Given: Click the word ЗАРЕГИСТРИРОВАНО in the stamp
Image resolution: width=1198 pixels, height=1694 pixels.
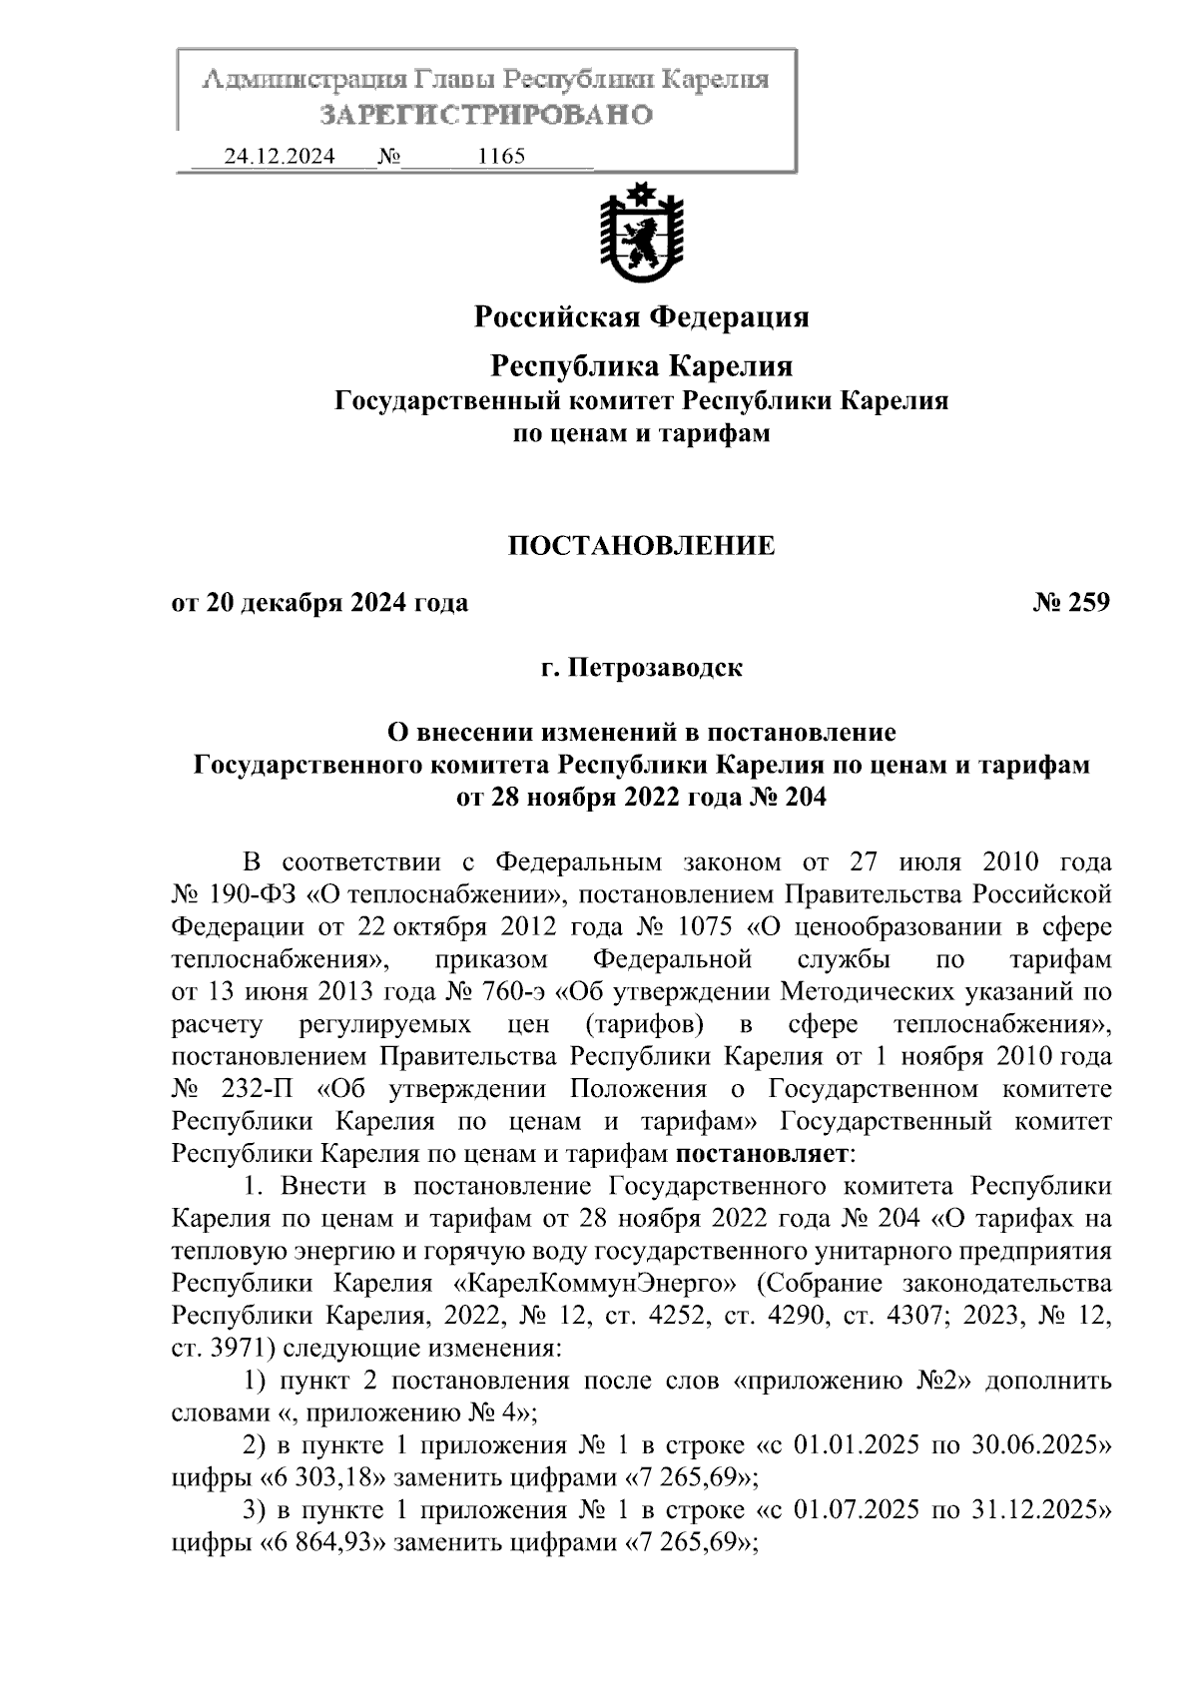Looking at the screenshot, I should point(486,115).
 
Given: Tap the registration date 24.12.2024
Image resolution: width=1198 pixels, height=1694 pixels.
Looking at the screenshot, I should point(280,157).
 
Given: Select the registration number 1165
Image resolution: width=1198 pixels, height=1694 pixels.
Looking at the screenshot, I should point(502,157).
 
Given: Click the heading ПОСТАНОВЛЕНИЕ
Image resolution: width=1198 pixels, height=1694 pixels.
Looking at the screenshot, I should point(641,546).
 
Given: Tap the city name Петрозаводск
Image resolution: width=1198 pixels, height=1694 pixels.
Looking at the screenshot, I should point(655,667).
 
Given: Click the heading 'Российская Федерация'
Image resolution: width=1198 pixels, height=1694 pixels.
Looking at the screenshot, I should point(641,317).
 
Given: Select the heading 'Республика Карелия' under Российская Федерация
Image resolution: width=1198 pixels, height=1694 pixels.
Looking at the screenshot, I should point(641,366).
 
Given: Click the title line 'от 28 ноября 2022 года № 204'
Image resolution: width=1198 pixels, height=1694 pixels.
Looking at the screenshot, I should point(641,798).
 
